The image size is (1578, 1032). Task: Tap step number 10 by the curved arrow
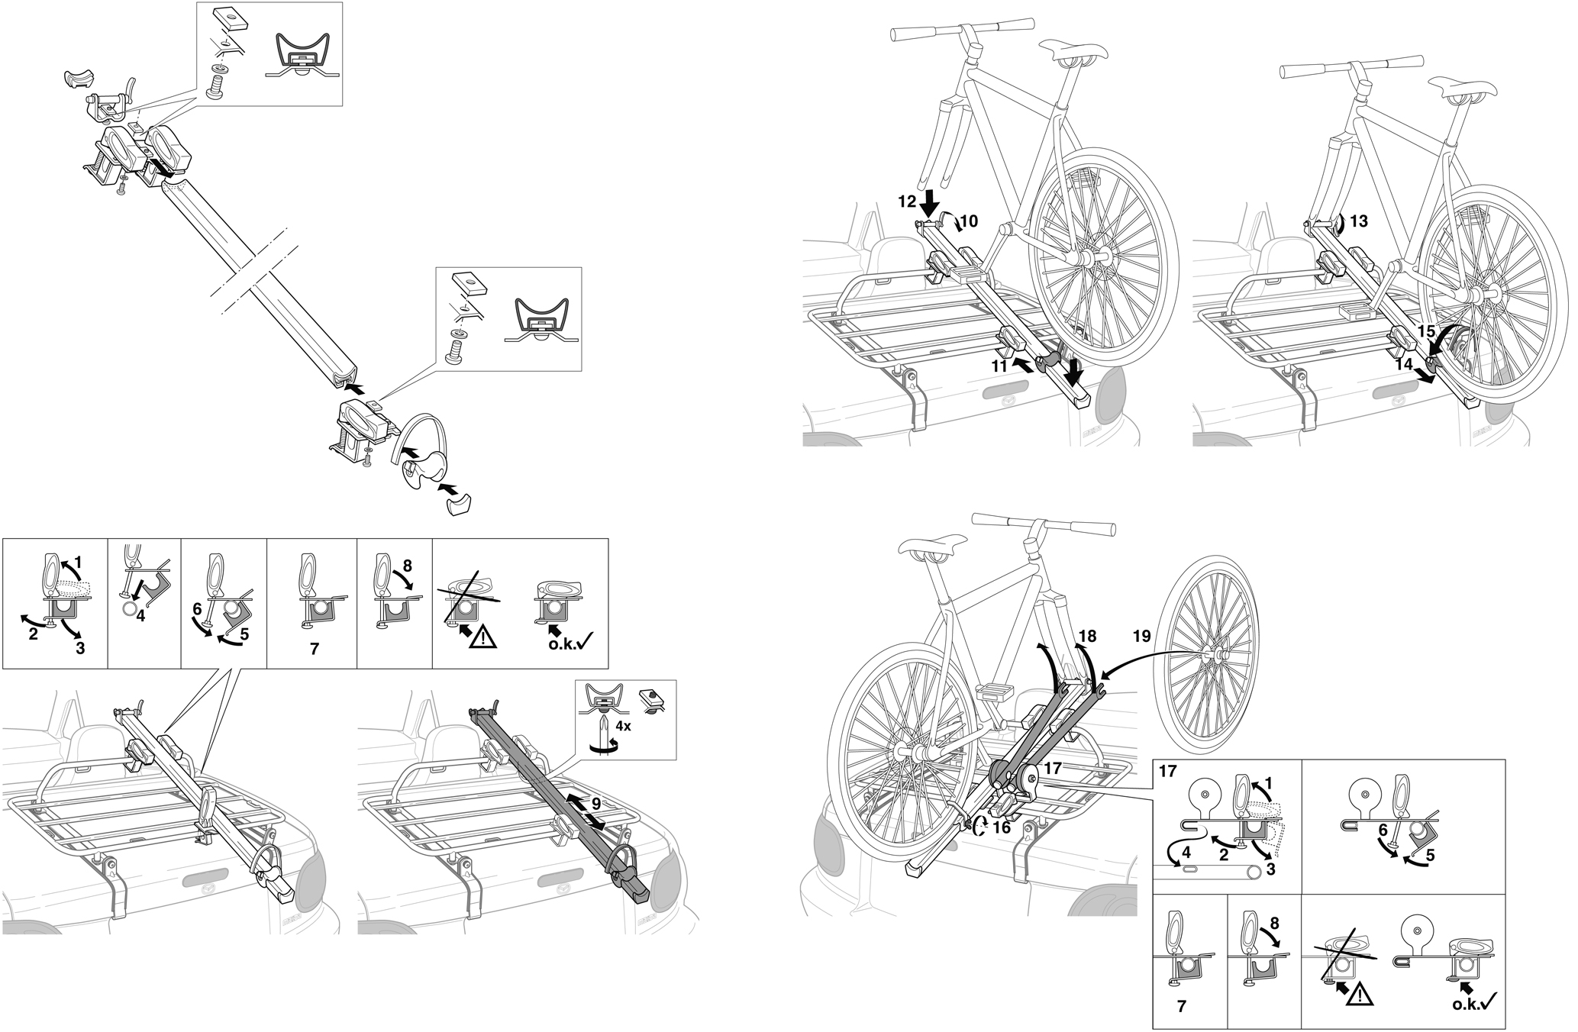click(968, 222)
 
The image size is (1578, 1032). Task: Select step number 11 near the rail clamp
click(1000, 366)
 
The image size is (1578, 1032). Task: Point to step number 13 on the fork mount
click(1358, 222)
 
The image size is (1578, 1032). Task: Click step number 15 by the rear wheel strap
click(1426, 332)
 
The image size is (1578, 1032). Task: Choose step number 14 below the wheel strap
click(1404, 365)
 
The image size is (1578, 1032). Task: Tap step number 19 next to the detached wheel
click(1142, 635)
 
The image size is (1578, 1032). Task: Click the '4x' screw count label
click(623, 726)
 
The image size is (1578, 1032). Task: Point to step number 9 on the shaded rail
click(596, 804)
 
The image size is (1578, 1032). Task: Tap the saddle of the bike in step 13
click(1465, 85)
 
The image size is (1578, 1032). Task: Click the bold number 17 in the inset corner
click(1168, 772)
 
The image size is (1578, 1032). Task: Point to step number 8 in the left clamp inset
click(406, 566)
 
